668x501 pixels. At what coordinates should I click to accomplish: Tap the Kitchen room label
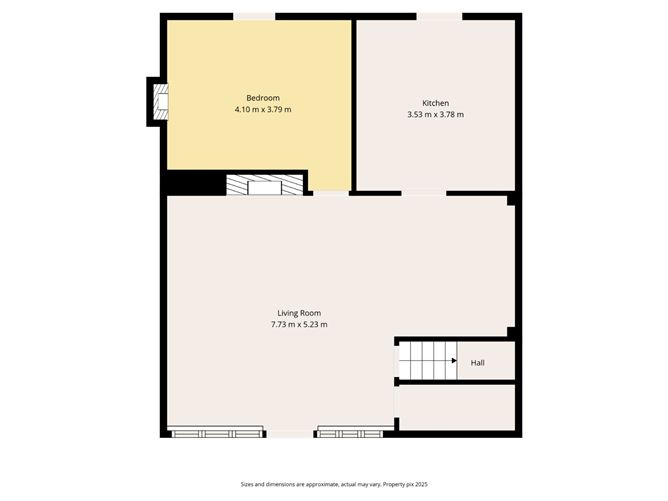(435, 103)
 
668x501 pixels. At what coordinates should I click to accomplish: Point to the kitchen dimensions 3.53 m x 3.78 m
(435, 115)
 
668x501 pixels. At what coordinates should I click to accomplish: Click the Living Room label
(299, 313)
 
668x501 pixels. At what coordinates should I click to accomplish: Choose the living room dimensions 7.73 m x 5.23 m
(299, 325)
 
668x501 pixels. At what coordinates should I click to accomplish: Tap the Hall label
(478, 362)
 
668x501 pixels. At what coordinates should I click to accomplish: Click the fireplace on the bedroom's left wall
(159, 101)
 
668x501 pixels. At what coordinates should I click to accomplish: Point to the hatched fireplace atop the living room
(264, 185)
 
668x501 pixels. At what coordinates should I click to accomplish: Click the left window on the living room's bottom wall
(216, 433)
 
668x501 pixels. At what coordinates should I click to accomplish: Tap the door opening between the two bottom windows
(290, 434)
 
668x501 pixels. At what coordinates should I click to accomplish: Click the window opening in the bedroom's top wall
(254, 16)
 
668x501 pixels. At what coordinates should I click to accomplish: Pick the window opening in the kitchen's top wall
(439, 16)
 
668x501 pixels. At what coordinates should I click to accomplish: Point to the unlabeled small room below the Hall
(457, 408)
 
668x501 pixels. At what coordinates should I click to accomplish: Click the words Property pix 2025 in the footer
(404, 484)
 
